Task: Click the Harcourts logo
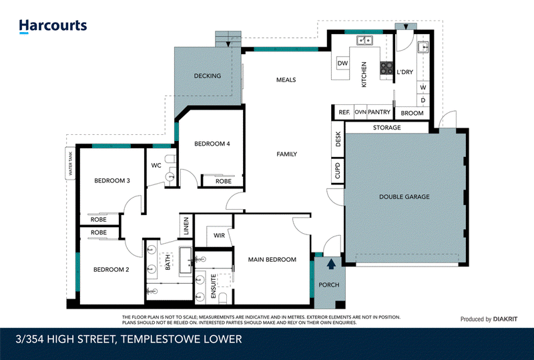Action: (53, 26)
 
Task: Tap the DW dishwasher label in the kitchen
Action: (342, 63)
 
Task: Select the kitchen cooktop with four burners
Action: (386, 68)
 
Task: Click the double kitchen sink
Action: (364, 41)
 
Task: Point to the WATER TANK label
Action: (71, 163)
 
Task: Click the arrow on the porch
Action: (331, 264)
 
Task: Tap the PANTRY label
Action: (379, 112)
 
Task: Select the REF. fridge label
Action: (344, 112)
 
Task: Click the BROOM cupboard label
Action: (412, 113)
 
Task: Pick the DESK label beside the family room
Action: (338, 139)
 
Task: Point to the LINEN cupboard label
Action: (186, 226)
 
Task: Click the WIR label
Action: (219, 236)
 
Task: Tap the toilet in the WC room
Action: (171, 159)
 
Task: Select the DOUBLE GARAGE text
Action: (405, 197)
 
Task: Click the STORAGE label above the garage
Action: (387, 128)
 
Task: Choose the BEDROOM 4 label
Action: (212, 144)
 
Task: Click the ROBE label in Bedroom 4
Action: (224, 182)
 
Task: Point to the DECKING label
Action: (208, 75)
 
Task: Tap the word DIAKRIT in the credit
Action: (505, 319)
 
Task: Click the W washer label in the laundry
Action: (423, 87)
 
